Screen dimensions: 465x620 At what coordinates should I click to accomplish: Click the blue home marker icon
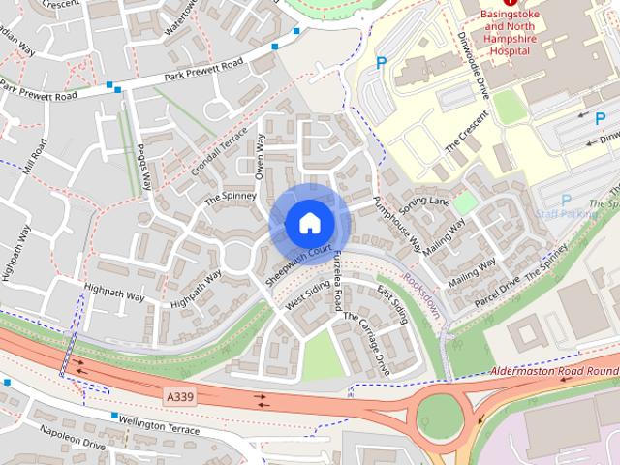[x=309, y=224]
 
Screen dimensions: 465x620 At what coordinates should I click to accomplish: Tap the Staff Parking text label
[x=562, y=212]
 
